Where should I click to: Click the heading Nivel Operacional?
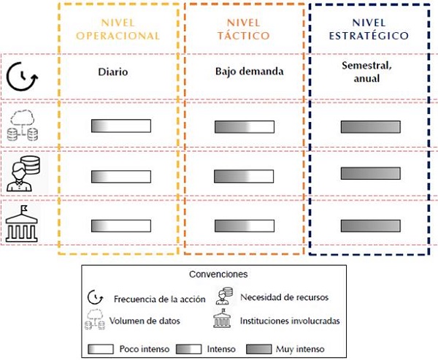(x=118, y=28)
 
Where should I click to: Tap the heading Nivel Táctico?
(x=243, y=28)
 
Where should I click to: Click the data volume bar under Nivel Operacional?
(x=120, y=126)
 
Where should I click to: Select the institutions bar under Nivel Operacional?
(x=120, y=225)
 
